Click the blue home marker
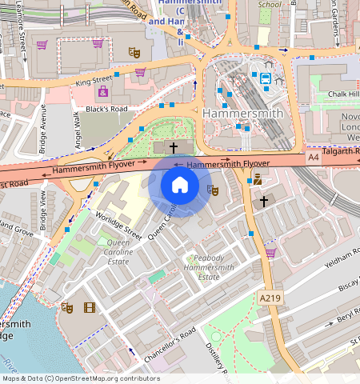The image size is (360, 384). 180,185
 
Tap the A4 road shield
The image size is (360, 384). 314,159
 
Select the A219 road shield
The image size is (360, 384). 270,298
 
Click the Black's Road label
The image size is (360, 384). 106,109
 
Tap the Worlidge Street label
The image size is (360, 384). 118,225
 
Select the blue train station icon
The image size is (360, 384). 264,78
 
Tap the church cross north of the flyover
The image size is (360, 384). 174,147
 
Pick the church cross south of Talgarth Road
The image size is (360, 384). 264,201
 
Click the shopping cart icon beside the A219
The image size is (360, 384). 270,253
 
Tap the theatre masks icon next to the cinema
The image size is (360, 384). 67,307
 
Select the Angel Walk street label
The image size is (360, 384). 78,129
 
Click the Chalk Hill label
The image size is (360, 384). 344,94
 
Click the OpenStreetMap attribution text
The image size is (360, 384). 80,378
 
